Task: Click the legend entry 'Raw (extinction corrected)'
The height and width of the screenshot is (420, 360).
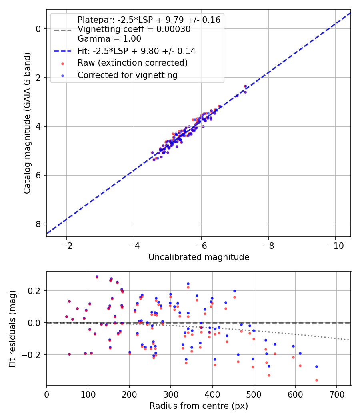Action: click(132, 63)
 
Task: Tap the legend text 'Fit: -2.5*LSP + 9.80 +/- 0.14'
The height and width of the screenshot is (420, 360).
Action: click(136, 51)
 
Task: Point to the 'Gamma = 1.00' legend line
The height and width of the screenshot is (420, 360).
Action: click(109, 39)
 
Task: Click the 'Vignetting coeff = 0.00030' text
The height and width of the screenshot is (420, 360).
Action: click(134, 29)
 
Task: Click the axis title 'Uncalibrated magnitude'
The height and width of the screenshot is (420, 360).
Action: click(199, 257)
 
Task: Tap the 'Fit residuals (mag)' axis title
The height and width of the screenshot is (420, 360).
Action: click(12, 328)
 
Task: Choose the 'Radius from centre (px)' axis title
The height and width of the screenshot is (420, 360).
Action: click(199, 406)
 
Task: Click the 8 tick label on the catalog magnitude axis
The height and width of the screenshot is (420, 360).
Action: click(39, 224)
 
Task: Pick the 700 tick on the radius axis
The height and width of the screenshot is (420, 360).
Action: click(336, 394)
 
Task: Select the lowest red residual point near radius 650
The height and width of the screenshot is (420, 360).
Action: click(316, 380)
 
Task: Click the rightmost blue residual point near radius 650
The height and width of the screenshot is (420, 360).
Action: click(316, 366)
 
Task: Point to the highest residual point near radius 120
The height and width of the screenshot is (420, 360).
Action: click(97, 276)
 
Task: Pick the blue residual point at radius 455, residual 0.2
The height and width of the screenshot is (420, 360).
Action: click(234, 291)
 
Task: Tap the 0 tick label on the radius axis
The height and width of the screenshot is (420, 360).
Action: click(47, 394)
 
